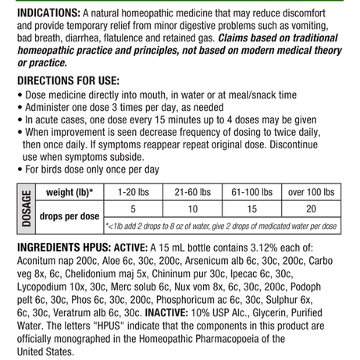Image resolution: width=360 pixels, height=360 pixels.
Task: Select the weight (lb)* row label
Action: (x=70, y=193)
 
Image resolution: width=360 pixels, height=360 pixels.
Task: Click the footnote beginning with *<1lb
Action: (x=222, y=226)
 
